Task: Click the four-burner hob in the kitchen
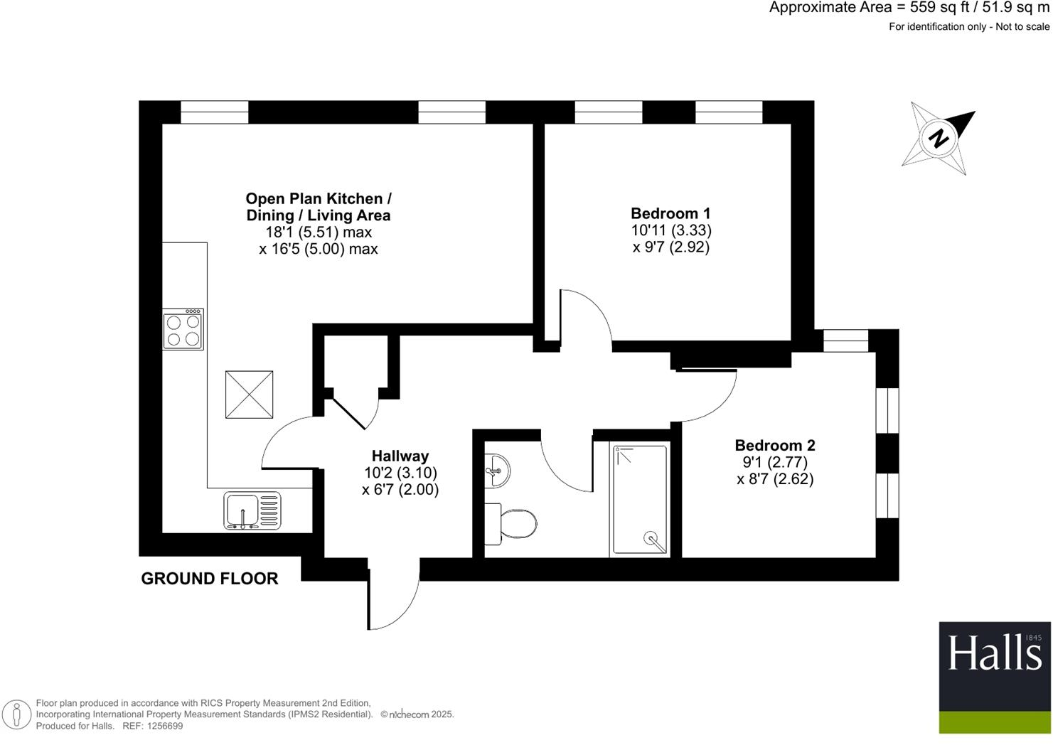[183, 330]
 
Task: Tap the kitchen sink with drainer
[252, 510]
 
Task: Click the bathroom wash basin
[497, 471]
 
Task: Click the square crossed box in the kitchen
[249, 395]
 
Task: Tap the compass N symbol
[939, 138]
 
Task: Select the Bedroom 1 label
[670, 213]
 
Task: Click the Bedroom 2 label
[774, 445]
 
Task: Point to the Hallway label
[400, 456]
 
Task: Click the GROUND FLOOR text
[210, 579]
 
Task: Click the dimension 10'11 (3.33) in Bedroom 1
[670, 230]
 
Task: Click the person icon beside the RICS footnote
[16, 714]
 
